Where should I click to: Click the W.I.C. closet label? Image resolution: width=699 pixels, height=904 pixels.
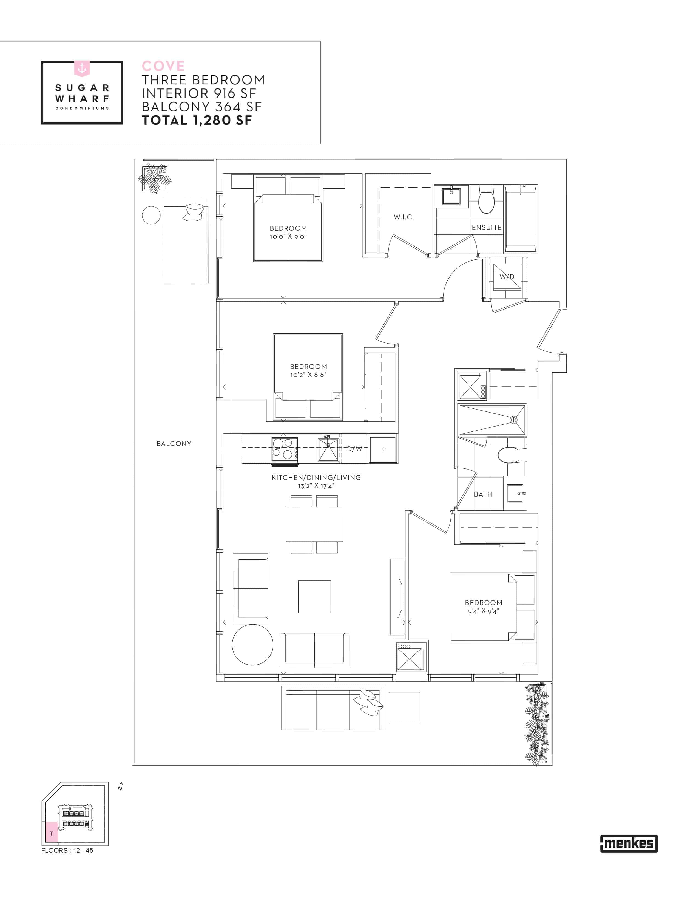(404, 217)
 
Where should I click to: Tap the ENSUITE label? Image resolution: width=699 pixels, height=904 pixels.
(487, 227)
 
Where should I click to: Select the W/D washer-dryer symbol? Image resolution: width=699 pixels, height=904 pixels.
(507, 276)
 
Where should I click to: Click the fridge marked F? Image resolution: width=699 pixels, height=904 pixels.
(383, 450)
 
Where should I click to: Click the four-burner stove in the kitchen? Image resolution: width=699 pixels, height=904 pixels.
(285, 449)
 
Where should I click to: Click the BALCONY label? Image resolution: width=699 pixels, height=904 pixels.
(174, 443)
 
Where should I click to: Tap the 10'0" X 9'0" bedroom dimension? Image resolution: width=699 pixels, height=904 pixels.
(288, 237)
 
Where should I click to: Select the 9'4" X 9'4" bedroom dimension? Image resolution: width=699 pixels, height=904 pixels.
(483, 611)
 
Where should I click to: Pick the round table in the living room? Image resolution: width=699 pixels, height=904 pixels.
(253, 645)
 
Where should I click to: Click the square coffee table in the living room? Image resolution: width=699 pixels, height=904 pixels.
(314, 596)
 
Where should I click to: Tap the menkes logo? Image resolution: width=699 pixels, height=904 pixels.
(629, 843)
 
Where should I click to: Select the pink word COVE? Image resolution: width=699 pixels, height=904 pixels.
(163, 66)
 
